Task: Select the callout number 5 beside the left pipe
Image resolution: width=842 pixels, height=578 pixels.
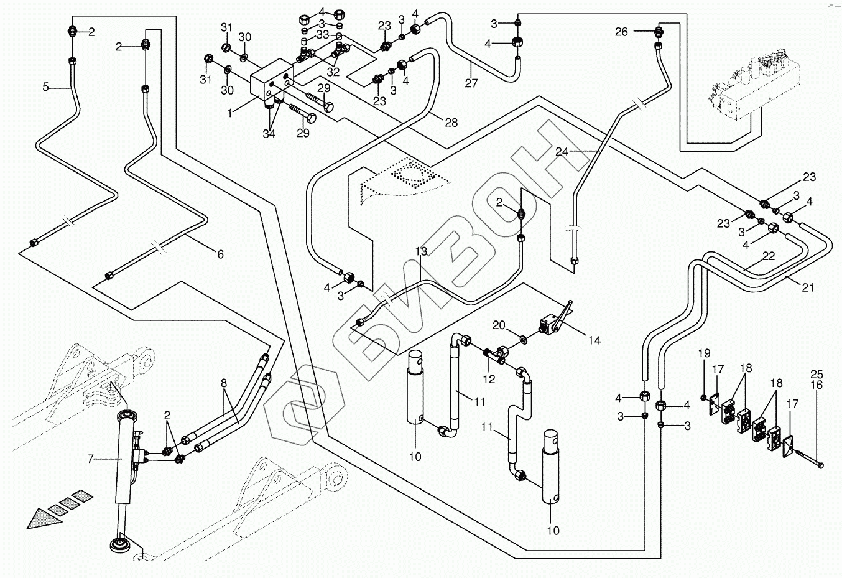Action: [45, 88]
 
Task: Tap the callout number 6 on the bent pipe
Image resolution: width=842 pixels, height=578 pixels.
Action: [220, 254]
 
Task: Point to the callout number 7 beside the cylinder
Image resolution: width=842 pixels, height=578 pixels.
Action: [91, 459]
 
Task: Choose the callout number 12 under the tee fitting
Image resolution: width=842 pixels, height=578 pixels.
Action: [489, 380]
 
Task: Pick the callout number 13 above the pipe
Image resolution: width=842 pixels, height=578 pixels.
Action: [421, 251]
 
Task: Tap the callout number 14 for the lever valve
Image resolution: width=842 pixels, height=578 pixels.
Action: [594, 340]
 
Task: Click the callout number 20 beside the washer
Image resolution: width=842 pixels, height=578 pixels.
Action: [499, 324]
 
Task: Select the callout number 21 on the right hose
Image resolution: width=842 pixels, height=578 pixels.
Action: [808, 287]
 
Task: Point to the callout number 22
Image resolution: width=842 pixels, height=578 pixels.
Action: [769, 256]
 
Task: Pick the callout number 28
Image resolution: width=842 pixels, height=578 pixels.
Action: [451, 123]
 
